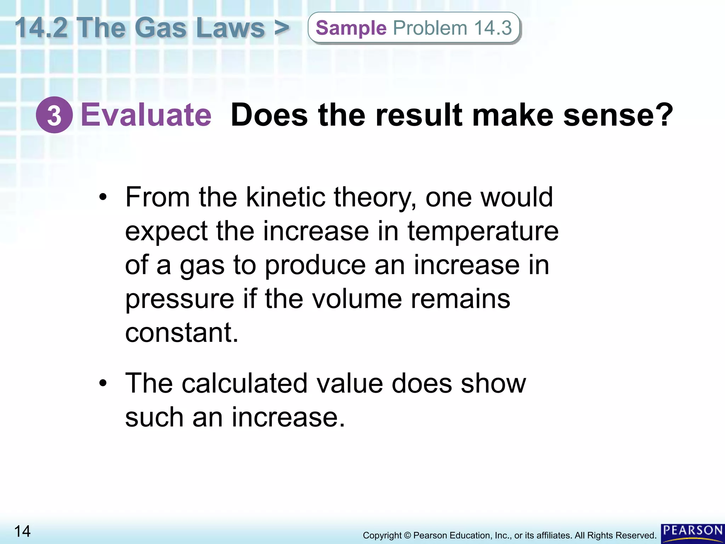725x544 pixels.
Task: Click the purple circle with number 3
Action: point(54,115)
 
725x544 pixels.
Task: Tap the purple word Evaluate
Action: point(146,115)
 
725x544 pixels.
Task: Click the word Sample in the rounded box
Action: point(351,28)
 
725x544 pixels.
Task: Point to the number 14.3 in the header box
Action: point(493,28)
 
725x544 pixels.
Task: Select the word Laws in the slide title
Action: point(230,28)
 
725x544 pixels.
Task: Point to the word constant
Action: point(181,333)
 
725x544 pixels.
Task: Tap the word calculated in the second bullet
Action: point(245,383)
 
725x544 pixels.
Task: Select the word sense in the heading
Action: point(618,115)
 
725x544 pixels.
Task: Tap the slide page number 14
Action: point(22,531)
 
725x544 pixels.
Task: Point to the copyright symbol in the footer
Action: point(407,535)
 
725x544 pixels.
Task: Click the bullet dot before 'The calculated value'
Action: point(103,383)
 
